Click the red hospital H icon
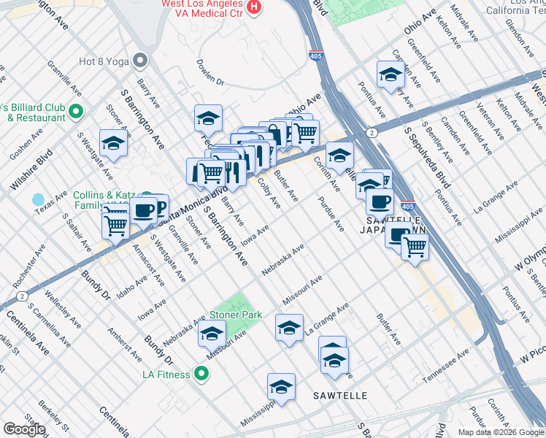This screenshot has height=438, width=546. click(253, 7)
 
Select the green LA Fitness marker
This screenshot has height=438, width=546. click(202, 375)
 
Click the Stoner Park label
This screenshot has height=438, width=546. click(236, 315)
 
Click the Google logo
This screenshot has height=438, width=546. click(24, 429)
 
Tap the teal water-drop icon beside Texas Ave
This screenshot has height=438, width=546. click(38, 199)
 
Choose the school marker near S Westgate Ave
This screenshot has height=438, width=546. click(114, 144)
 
